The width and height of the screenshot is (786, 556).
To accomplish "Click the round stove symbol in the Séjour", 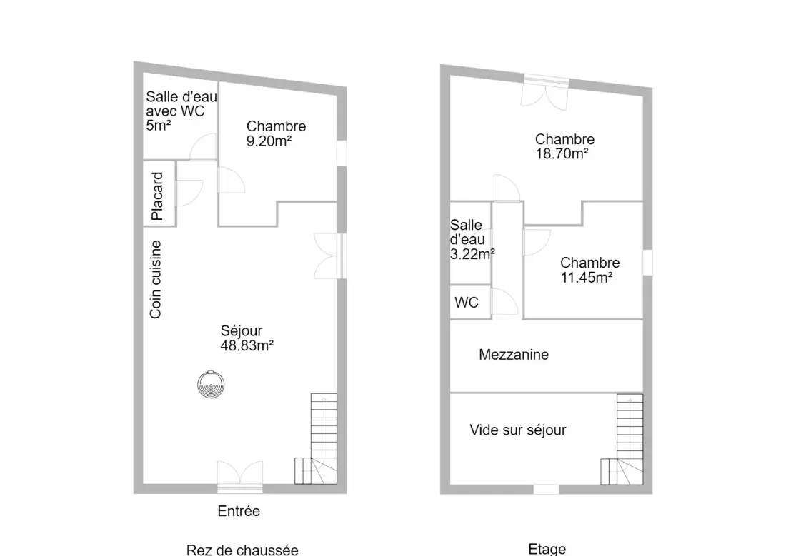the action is pos(211,385).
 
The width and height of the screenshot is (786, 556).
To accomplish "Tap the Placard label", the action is pos(157,196).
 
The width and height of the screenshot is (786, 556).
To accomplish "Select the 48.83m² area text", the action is pos(247,345).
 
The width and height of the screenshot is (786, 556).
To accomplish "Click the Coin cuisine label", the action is pos(156,279).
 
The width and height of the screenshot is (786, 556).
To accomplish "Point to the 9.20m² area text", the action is pos(269,141).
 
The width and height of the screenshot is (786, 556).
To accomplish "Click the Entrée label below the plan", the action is pos(239,511).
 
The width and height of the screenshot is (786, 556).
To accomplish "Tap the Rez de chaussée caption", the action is pos(242,550).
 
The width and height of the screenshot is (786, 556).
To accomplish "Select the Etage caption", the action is pos(547,549).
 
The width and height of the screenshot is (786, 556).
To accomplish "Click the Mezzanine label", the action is pos(514,355).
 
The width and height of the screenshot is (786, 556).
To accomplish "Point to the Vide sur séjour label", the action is pos(518,430).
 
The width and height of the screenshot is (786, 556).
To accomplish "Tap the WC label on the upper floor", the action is pos(467,303).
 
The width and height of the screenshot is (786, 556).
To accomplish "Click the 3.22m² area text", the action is pos(473,254).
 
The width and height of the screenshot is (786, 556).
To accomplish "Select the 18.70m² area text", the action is pos(562,153).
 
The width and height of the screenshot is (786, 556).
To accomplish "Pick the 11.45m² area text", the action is pos(587,277).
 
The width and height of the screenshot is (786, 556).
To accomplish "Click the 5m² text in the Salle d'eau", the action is pos(159,125).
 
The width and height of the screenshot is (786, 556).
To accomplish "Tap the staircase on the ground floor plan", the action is pos(316,439).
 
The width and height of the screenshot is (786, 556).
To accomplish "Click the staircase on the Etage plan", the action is pos(622,440).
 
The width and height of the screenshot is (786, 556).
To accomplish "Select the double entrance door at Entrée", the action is pos(239,476).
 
